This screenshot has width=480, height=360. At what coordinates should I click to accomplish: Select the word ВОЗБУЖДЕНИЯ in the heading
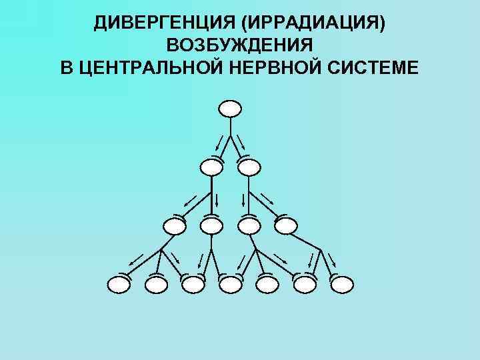240,46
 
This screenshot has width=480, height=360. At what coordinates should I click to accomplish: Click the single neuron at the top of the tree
230,108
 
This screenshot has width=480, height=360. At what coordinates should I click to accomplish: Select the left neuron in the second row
212,167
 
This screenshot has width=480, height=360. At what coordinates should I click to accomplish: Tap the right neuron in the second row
249,167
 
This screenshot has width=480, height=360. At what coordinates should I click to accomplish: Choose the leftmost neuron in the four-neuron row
175,225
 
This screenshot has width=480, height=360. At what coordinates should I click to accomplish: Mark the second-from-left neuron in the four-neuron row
211,225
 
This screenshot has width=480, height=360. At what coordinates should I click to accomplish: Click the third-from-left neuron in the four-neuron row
249,225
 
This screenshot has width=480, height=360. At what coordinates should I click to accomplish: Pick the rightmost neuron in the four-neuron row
285,225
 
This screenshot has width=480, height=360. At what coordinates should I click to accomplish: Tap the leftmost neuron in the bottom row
119,285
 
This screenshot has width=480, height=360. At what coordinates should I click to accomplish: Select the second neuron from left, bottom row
156,285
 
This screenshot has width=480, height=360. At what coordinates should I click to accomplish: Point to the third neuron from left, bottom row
193,285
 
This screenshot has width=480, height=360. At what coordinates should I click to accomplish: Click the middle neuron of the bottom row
230,285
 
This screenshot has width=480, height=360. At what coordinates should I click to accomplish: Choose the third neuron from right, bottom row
267,285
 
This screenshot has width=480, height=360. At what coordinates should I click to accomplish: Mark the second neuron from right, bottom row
305,285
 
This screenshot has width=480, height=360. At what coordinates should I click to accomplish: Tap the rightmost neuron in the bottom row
341,285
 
